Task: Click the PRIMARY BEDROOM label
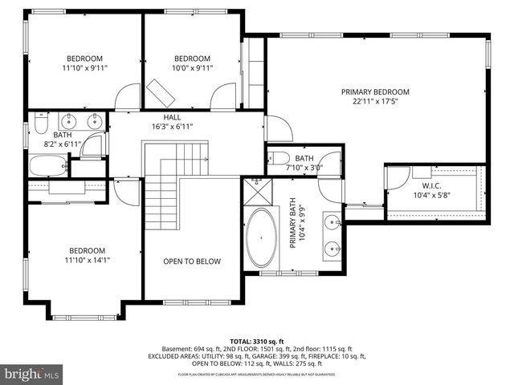pyautogui.click(x=375, y=91)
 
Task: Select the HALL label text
pyautogui.click(x=172, y=116)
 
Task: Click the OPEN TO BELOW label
pyautogui.click(x=192, y=261)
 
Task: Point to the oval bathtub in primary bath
pyautogui.click(x=260, y=238)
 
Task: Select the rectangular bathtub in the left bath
pyautogui.click(x=47, y=165)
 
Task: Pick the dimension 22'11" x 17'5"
pyautogui.click(x=375, y=102)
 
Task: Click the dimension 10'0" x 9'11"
pyautogui.click(x=192, y=68)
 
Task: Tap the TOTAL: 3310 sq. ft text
pyautogui.click(x=257, y=341)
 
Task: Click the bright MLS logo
pyautogui.click(x=32, y=374)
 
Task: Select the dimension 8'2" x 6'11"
pyautogui.click(x=63, y=144)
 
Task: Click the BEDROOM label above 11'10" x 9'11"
pyautogui.click(x=84, y=58)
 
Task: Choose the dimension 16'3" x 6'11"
pyautogui.click(x=172, y=126)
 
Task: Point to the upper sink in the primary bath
pyautogui.click(x=331, y=221)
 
